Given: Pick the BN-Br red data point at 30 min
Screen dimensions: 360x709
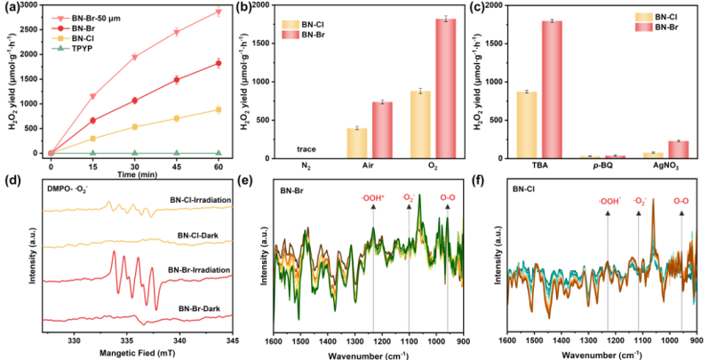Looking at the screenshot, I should click(x=134, y=100).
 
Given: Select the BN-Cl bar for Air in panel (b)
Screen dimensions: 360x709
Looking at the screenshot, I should click(x=355, y=143).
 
